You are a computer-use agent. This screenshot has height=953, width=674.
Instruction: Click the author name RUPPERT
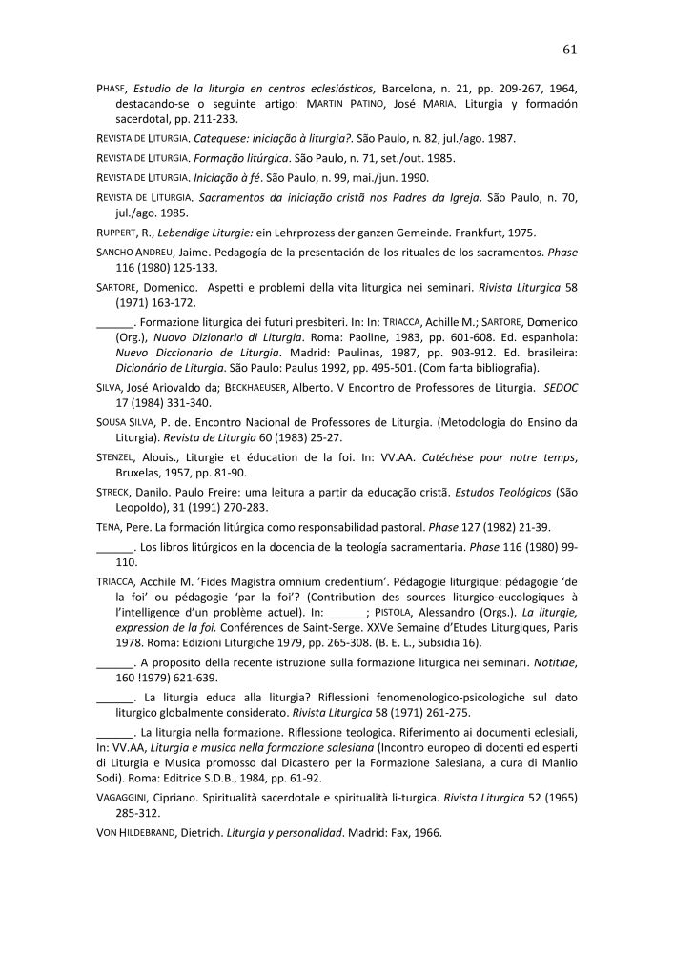(118, 233)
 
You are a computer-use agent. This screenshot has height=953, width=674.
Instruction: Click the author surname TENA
(109, 528)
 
